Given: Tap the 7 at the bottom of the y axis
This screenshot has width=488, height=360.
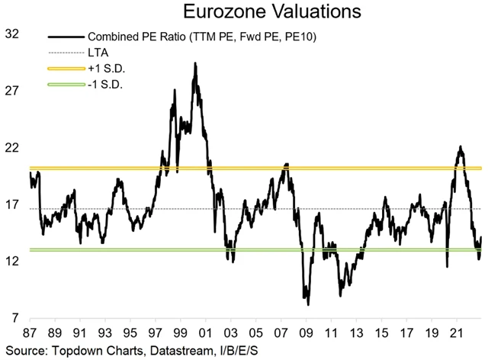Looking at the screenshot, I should pyautogui.click(x=15, y=317).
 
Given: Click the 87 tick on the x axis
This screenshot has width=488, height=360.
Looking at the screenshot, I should pyautogui.click(x=30, y=333).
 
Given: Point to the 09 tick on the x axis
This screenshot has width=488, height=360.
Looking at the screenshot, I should pyautogui.click(x=307, y=333).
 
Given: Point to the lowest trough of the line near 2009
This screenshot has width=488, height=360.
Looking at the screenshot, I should pyautogui.click(x=308, y=304).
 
